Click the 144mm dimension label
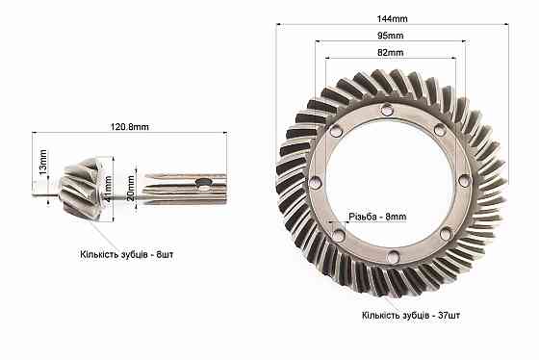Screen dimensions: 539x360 click(393, 18)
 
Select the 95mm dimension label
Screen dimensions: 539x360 click(390, 36)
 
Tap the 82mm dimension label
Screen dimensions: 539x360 click(390, 53)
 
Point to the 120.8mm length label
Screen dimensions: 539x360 click(130, 127)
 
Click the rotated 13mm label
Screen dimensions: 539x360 click(42, 162)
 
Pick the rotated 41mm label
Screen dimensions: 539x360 click(108, 189)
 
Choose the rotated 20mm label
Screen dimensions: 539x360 click(131, 188)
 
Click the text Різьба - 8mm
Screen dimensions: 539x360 click(377, 217)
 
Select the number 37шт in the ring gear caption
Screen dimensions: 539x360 click(449, 315)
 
